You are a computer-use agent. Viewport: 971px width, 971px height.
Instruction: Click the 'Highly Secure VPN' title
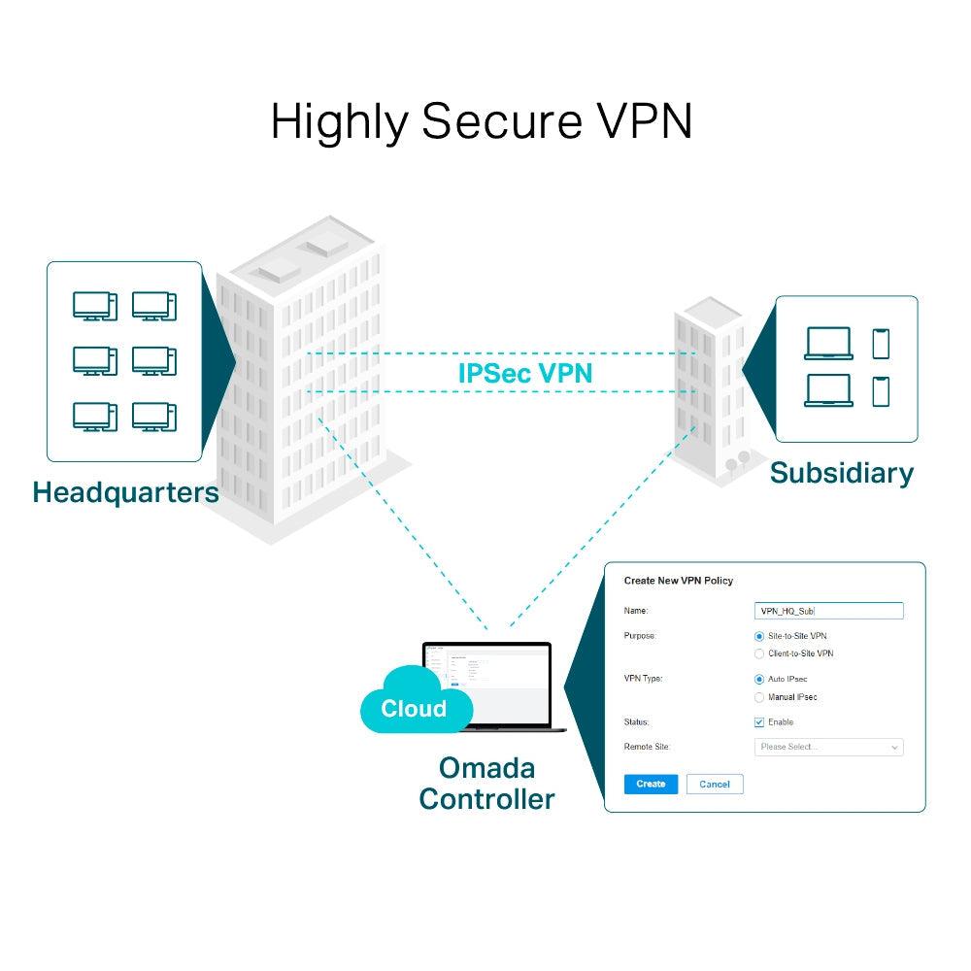click(x=482, y=121)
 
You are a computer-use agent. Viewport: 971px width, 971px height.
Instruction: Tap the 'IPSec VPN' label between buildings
click(x=524, y=373)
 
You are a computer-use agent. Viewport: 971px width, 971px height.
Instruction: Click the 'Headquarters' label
click(x=125, y=491)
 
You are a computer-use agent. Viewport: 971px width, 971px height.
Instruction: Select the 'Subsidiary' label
click(x=841, y=473)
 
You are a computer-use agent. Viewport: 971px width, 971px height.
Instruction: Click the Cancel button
click(x=714, y=784)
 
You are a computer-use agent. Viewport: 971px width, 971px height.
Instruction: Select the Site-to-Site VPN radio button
click(x=759, y=635)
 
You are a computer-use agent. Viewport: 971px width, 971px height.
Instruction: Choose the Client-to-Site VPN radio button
click(x=759, y=653)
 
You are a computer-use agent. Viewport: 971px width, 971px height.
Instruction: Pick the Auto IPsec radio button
click(x=759, y=679)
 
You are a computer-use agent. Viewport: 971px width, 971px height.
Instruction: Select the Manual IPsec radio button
click(x=759, y=697)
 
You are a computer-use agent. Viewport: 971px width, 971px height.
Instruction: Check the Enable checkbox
click(x=759, y=722)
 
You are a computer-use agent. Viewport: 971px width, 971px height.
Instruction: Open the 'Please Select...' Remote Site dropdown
click(x=828, y=747)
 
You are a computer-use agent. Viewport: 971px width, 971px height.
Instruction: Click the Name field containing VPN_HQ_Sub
click(x=828, y=611)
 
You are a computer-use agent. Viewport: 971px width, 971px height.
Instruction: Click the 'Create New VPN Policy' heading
click(x=678, y=581)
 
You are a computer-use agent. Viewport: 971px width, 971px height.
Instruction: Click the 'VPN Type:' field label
click(x=643, y=679)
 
